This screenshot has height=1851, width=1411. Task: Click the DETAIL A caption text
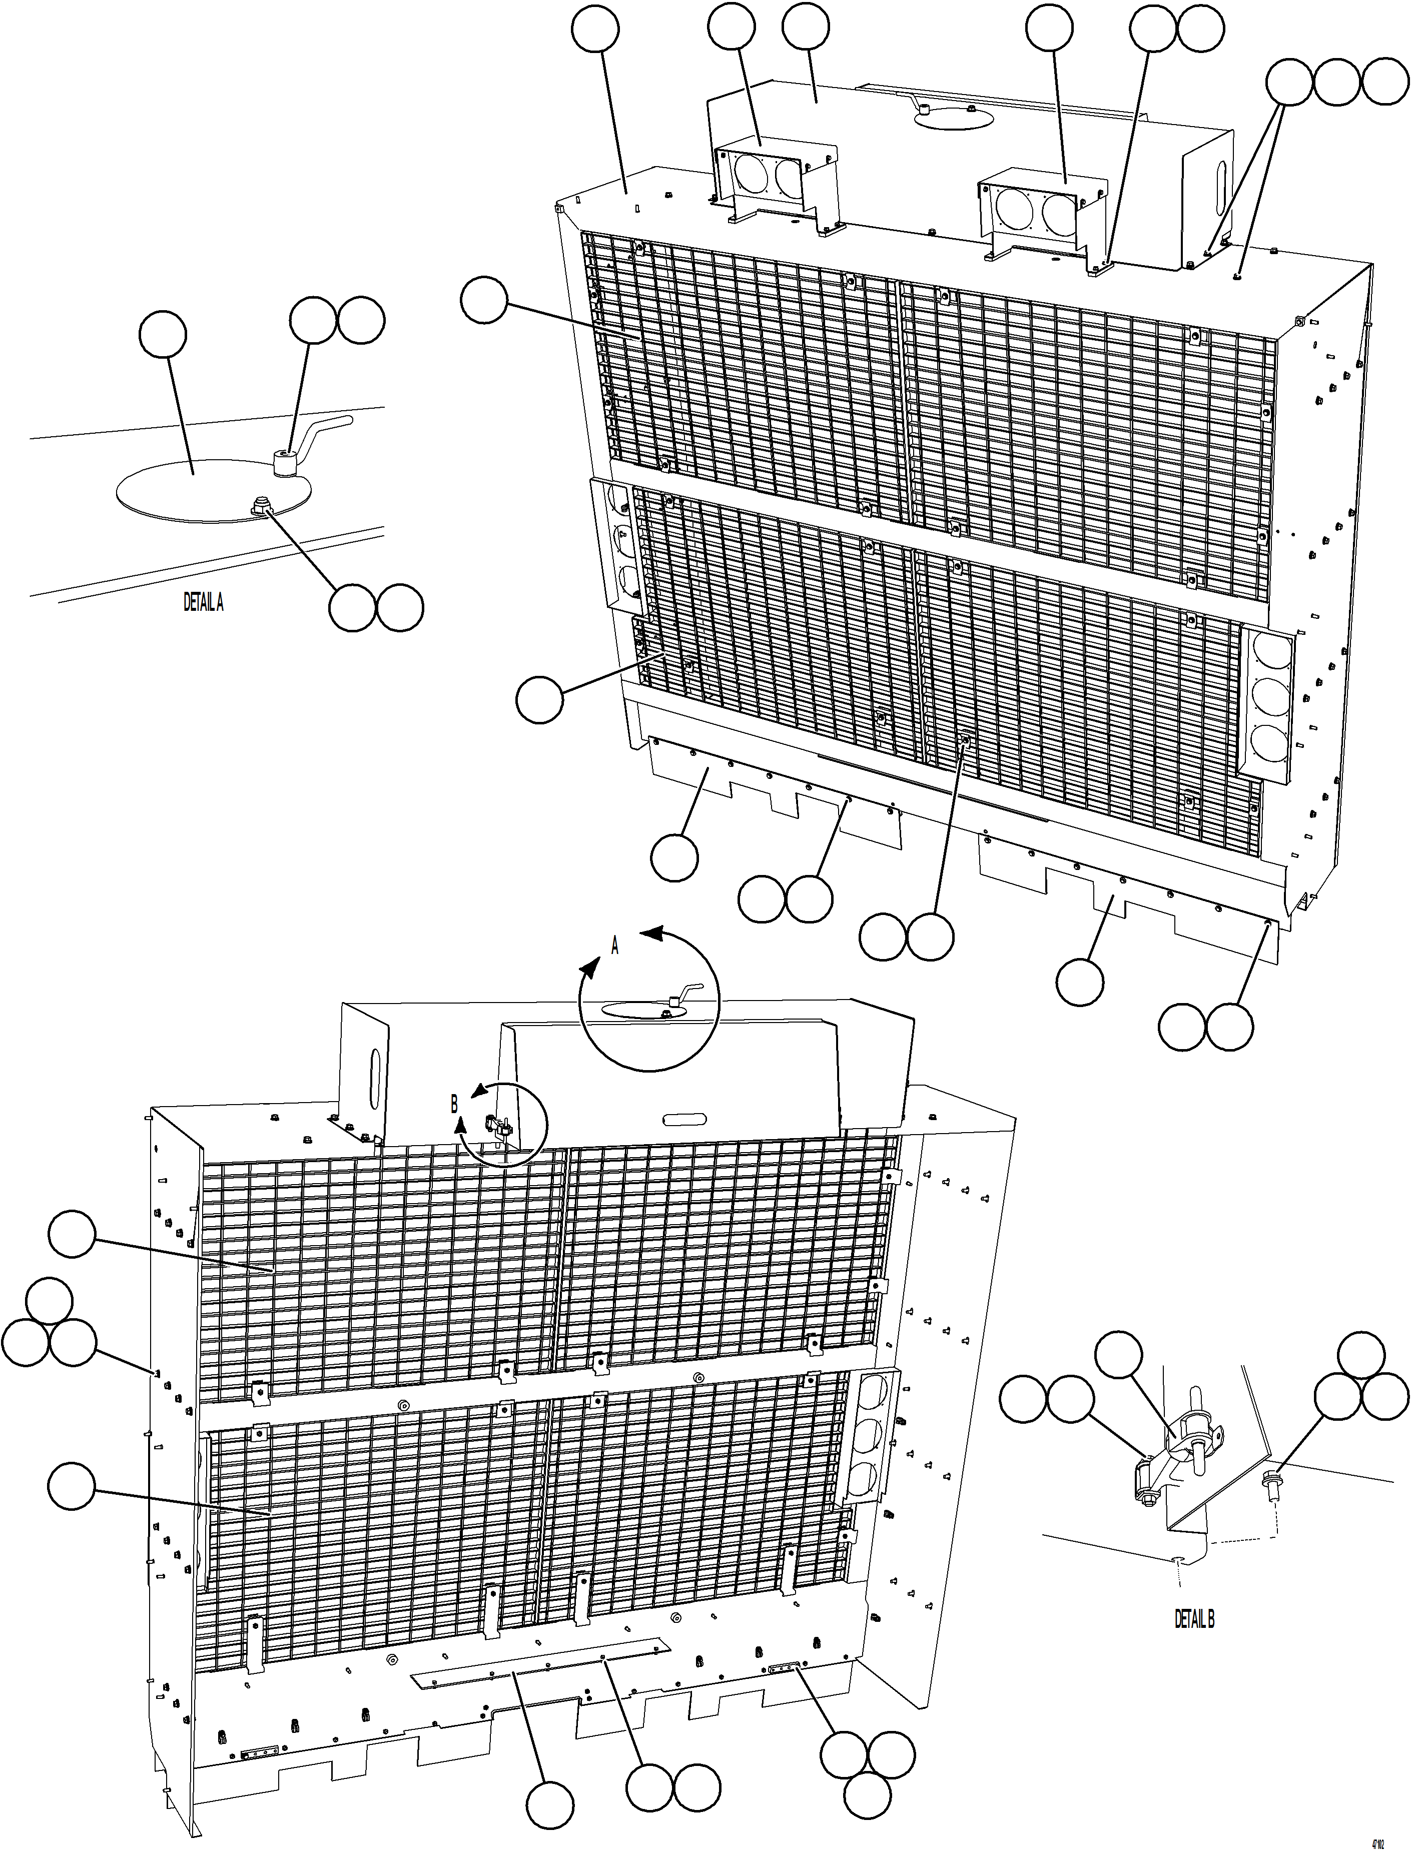pyautogui.click(x=203, y=602)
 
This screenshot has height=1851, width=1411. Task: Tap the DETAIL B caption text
pyautogui.click(x=1193, y=1620)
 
